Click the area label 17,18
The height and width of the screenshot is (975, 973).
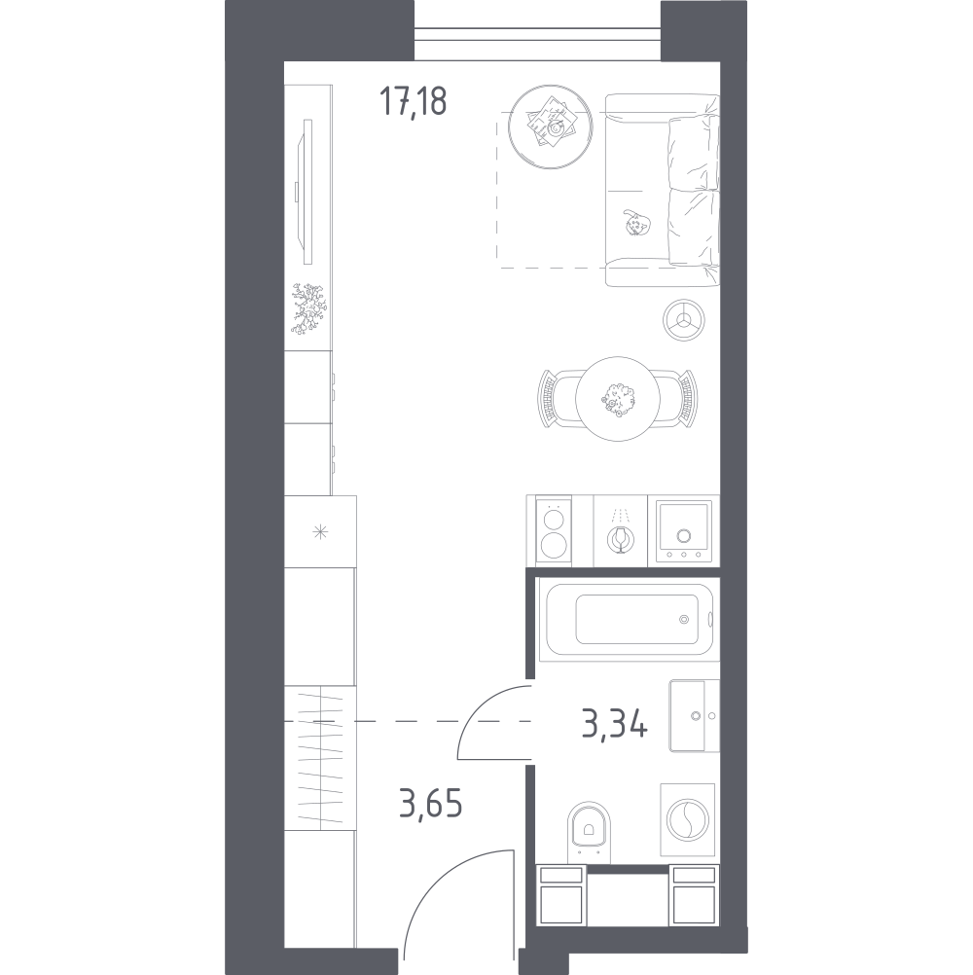[413, 101]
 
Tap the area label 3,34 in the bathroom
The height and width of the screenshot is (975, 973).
[615, 723]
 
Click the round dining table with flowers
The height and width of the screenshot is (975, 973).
[618, 399]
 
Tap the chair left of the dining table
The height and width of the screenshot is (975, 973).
[558, 399]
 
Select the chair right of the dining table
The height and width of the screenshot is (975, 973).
[677, 399]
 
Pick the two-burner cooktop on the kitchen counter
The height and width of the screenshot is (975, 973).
[554, 529]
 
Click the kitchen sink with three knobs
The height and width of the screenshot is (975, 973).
[683, 530]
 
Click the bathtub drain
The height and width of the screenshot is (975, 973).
[684, 619]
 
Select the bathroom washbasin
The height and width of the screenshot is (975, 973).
[694, 716]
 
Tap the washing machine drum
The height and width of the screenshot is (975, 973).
[687, 819]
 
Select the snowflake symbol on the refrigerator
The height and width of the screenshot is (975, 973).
[320, 531]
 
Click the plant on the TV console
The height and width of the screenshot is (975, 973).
[308, 309]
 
